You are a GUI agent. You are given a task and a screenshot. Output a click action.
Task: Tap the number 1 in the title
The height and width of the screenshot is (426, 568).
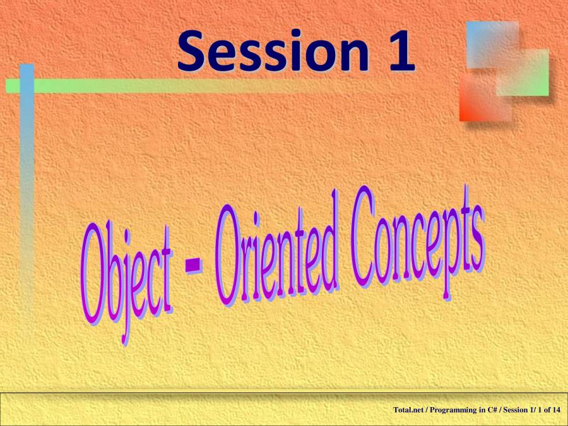click(402, 50)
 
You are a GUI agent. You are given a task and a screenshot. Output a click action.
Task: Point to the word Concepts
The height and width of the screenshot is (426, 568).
click(417, 239)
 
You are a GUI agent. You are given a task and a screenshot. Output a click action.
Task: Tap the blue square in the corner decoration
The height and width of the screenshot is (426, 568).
click(492, 45)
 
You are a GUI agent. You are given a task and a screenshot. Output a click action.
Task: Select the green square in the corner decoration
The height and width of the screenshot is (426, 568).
click(524, 73)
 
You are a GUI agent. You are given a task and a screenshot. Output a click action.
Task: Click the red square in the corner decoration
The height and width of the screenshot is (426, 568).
click(485, 97)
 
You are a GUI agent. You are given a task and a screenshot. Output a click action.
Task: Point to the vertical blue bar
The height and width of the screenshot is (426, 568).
click(27, 188)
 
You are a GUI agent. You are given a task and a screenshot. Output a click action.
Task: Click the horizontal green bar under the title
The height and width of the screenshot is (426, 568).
click(181, 86)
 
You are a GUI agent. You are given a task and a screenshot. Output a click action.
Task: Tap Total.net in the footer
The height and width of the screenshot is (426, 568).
click(408, 410)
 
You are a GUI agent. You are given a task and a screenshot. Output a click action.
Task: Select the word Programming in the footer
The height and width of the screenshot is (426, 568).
click(452, 410)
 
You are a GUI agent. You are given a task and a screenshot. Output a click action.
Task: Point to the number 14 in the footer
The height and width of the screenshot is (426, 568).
click(557, 410)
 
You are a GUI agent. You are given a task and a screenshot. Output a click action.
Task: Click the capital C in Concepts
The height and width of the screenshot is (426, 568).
click(363, 236)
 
